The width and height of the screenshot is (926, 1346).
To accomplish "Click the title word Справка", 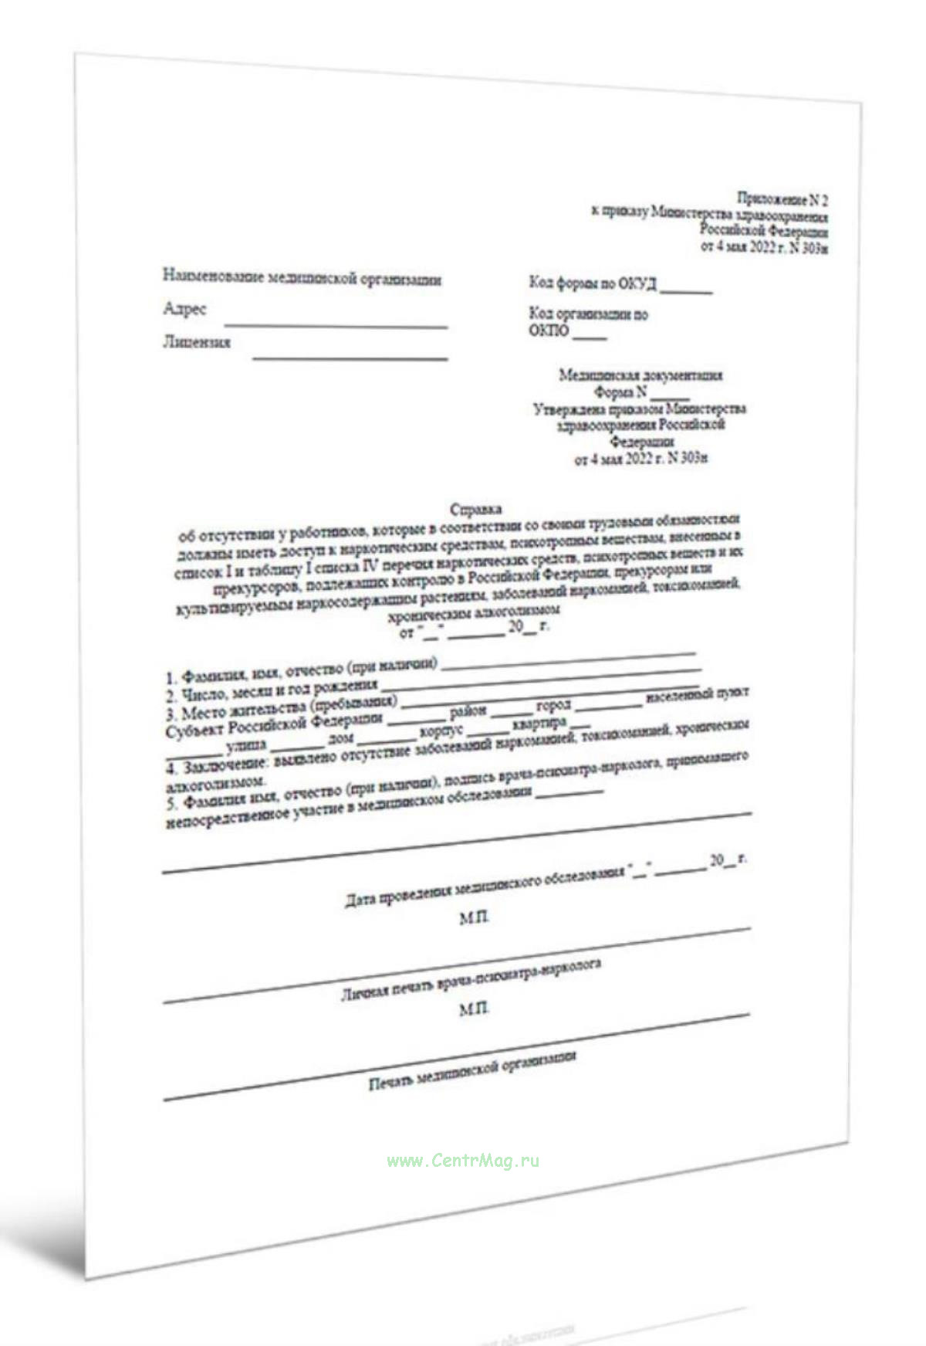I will coord(475,510).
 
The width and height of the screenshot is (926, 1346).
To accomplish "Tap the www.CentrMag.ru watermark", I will coord(463,1161).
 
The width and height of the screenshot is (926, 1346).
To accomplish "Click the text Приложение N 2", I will coord(782,199).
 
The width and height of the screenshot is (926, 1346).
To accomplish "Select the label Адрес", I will coord(185,310).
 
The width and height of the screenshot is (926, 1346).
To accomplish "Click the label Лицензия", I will coord(197,342).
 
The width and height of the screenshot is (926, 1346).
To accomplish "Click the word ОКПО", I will coord(549,331).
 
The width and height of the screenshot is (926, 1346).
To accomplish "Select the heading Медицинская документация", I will coord(640,375).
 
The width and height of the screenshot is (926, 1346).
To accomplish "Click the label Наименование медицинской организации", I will coord(302,278).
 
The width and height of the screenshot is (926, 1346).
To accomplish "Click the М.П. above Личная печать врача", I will coord(474,918).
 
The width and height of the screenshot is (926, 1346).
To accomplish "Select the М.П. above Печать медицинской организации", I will coord(473,1009).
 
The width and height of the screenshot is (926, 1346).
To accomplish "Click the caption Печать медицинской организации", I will coord(472,1070).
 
